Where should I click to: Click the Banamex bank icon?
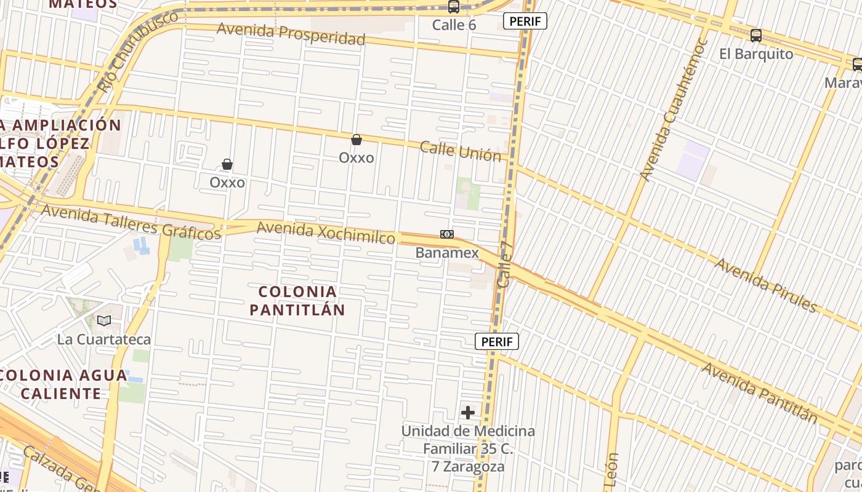tap(447, 234)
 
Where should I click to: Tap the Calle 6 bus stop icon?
tap(454, 7)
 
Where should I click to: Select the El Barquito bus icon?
tap(756, 36)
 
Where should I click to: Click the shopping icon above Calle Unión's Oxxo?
tap(356, 140)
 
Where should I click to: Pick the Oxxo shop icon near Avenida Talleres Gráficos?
tap(227, 164)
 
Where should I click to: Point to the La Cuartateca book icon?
tap(104, 320)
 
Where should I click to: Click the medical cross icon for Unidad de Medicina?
tap(468, 412)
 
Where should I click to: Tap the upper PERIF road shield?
tap(525, 21)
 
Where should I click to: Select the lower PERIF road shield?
tap(497, 341)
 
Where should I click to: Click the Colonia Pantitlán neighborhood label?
tap(297, 300)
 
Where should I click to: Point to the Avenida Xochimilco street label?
tap(326, 232)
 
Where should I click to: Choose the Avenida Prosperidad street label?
tap(291, 33)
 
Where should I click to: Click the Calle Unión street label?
tap(461, 151)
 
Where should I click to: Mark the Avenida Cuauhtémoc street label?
tap(674, 111)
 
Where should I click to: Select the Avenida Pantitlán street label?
tap(760, 392)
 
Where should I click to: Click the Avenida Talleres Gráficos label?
tap(131, 222)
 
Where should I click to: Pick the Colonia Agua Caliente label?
tap(64, 384)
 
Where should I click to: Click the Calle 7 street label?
tap(506, 264)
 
